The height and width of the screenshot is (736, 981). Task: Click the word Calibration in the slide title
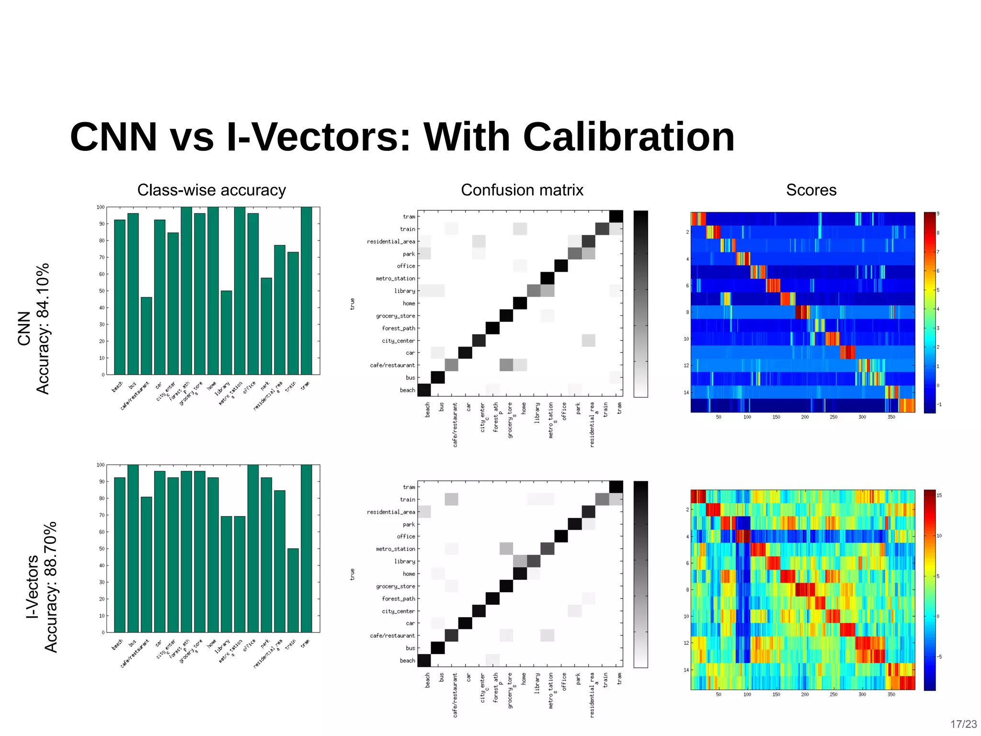[x=628, y=138]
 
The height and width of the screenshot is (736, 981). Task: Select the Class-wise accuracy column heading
[x=211, y=190]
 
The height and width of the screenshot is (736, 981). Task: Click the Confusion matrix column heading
[x=522, y=190]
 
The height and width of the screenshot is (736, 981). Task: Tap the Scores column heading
[x=811, y=190]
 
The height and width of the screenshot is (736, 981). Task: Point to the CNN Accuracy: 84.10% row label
[x=34, y=329]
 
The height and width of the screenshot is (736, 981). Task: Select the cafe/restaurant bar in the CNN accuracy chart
[x=147, y=336]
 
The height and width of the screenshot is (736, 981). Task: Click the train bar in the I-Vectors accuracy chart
[x=293, y=590]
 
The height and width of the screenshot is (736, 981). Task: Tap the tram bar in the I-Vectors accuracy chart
[x=307, y=548]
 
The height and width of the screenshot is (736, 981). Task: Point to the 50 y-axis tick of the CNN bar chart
[x=102, y=291]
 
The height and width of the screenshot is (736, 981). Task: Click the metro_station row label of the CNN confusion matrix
[x=396, y=278]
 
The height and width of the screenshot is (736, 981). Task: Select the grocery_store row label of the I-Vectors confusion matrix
[x=396, y=586]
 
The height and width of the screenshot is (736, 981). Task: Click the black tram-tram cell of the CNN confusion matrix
[x=616, y=217]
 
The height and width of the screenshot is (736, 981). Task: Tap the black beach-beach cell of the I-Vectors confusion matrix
[x=424, y=660]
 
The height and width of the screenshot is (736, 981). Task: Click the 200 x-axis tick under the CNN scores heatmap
[x=805, y=417]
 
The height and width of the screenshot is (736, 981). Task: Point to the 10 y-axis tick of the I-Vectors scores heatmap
[x=686, y=616]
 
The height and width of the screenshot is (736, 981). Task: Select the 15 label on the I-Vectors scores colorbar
[x=939, y=495]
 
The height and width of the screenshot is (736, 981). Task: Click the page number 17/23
[x=963, y=724]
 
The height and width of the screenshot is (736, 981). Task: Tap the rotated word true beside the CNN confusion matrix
[x=353, y=304]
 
